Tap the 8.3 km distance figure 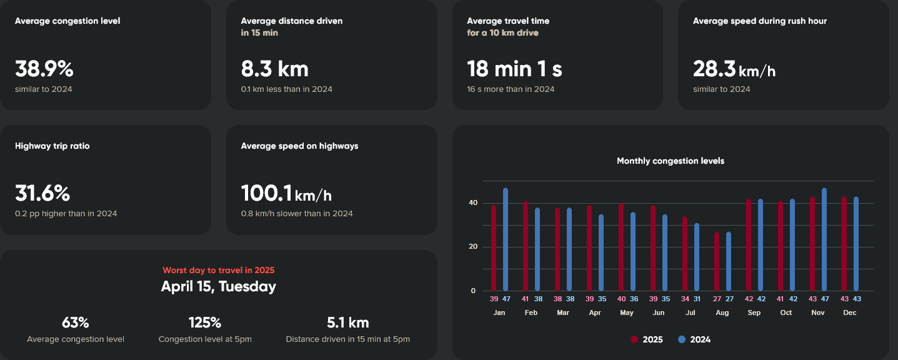(x=274, y=69)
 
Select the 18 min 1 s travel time (x=514, y=69)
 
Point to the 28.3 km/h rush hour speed (x=734, y=69)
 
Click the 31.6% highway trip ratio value (x=42, y=194)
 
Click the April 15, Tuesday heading (x=218, y=287)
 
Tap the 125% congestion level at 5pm (x=205, y=323)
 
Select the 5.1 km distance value (x=347, y=323)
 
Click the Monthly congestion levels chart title (x=671, y=161)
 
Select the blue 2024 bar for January (x=506, y=239)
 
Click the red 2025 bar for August (x=717, y=261)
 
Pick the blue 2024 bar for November (x=824, y=239)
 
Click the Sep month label (x=754, y=312)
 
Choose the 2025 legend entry (x=647, y=340)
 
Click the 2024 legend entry (x=694, y=340)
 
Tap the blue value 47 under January (x=506, y=299)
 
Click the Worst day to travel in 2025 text (x=218, y=271)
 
